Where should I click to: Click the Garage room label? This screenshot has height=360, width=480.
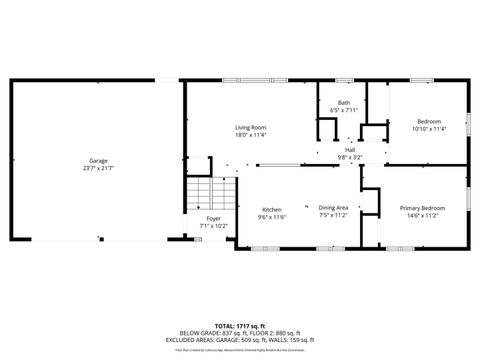click(x=98, y=160)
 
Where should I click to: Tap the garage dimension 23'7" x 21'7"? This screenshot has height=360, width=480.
click(x=98, y=167)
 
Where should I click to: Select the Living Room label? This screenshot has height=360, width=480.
click(x=251, y=127)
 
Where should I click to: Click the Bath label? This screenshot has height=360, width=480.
click(x=344, y=103)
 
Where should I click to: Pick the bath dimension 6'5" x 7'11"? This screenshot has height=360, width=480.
click(x=344, y=110)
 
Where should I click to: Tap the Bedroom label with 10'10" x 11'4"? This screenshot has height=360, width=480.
click(x=428, y=122)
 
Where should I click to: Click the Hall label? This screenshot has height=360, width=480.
click(x=350, y=150)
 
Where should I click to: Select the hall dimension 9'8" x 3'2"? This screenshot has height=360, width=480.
click(x=350, y=157)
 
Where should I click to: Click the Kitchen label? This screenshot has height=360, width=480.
click(x=272, y=209)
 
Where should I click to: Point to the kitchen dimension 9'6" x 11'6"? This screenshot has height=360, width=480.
click(x=272, y=216)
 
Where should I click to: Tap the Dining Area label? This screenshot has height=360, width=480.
click(x=333, y=207)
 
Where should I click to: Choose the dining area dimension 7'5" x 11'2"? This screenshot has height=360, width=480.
click(x=333, y=214)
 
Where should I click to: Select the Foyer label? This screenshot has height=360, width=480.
click(x=214, y=218)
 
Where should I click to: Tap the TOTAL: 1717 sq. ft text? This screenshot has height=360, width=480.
click(x=240, y=326)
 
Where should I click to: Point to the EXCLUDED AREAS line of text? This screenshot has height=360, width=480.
click(x=240, y=340)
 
